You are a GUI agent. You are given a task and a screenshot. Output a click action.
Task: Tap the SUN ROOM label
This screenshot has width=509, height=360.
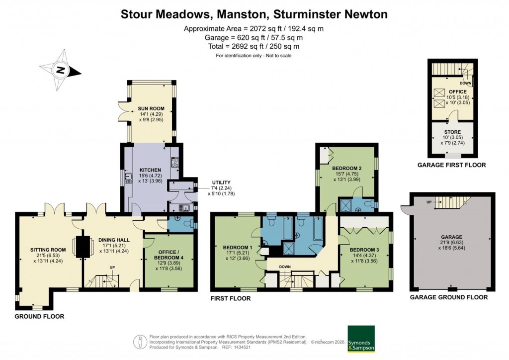coord(151,108)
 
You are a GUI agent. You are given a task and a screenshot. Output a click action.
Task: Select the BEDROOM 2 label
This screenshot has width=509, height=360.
coord(347,168)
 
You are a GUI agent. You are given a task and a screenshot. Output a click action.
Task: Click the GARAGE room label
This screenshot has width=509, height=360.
coord(452,237)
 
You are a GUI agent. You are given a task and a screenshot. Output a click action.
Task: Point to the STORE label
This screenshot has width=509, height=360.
coord(452,132)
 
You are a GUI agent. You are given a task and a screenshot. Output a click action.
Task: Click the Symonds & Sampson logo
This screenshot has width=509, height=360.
coord(361,339)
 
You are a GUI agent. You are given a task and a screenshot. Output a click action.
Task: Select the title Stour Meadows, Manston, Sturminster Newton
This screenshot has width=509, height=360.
coord(254,14)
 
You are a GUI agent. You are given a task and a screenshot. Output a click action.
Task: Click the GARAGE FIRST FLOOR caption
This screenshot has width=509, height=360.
coord(451,165)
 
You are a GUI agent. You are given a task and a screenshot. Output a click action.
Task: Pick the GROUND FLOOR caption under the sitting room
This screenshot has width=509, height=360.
coord(39,316)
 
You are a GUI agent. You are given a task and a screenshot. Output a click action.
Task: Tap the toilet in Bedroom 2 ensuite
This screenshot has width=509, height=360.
coord(368,204)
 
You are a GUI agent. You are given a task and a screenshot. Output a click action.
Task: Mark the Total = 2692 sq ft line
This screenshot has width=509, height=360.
coord(254,46)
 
